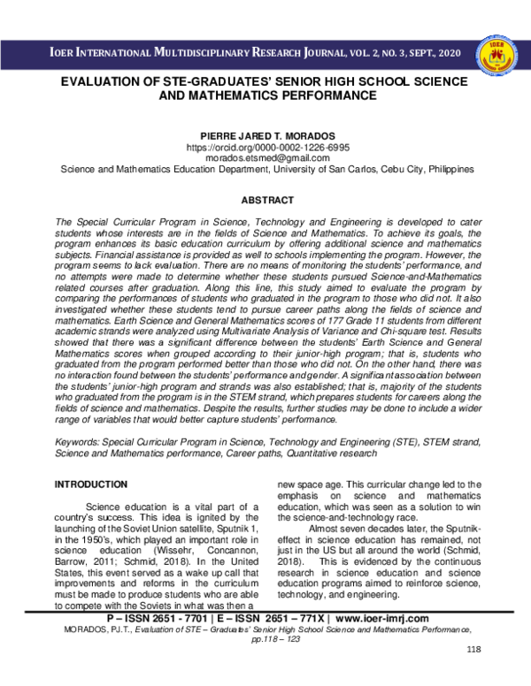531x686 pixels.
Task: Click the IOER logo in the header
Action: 497,55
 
